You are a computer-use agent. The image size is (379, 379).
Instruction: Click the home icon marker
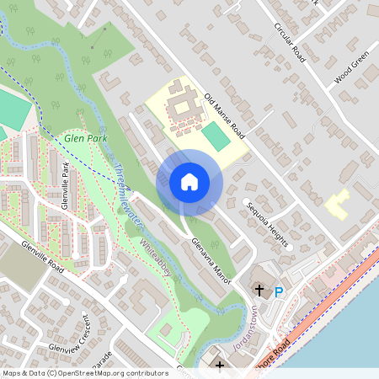[189, 181]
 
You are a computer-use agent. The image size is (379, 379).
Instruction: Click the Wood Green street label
[351, 69]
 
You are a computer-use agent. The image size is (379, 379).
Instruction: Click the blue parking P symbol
[279, 292]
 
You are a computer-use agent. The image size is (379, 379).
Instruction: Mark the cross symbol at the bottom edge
[220, 365]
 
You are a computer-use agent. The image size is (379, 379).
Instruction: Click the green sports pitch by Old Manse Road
[216, 136]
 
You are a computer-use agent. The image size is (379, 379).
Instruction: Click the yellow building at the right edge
[338, 205]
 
